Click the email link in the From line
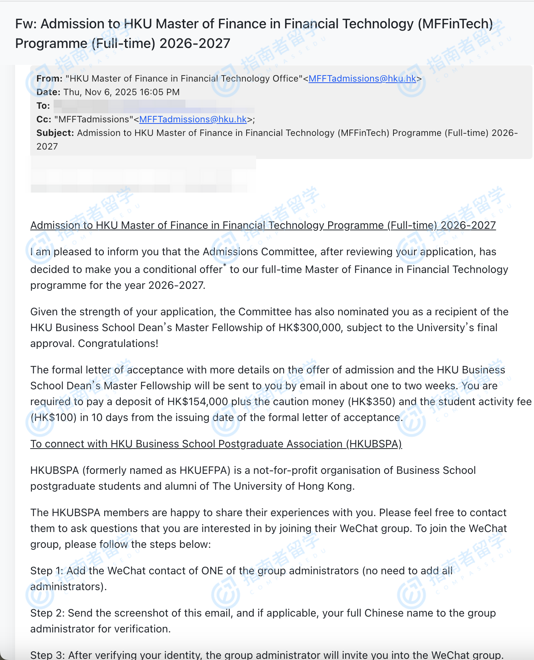click(362, 79)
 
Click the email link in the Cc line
click(193, 119)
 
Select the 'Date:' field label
click(48, 92)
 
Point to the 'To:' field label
click(43, 106)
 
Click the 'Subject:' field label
click(55, 133)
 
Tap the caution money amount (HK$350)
click(372, 402)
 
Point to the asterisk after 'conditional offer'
click(225, 266)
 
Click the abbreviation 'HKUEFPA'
click(203, 470)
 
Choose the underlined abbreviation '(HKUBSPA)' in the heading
click(374, 444)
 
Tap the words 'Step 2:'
click(47, 613)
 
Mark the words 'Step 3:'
click(47, 655)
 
